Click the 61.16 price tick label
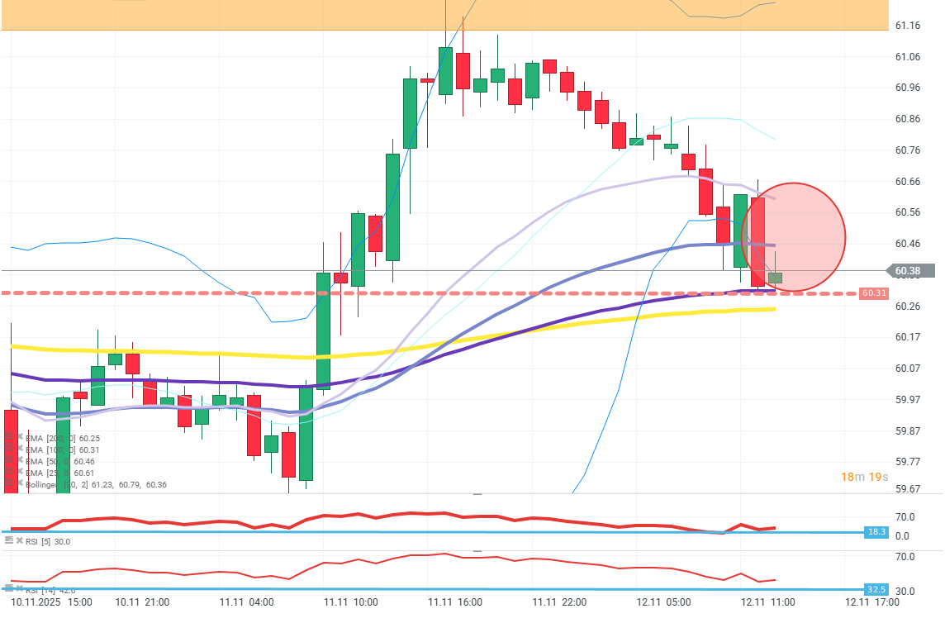point(909,26)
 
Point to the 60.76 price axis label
point(909,150)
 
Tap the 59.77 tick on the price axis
point(909,461)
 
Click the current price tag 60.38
point(912,270)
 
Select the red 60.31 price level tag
point(873,293)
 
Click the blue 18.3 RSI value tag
point(876,532)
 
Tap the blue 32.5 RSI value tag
point(876,589)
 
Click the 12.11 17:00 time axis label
point(877,602)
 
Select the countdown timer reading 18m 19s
point(864,477)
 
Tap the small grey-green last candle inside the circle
point(775,278)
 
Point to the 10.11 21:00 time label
point(142,602)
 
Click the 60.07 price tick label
point(909,368)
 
